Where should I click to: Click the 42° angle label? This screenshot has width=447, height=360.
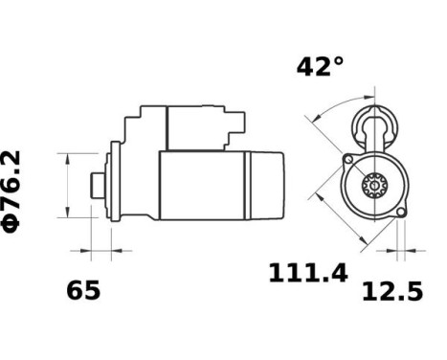coord(320,67)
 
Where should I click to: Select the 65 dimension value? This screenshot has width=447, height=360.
coord(83,290)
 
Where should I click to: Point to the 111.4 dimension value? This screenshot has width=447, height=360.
coord(306,276)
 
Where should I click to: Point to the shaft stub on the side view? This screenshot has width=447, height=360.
coord(96,184)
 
